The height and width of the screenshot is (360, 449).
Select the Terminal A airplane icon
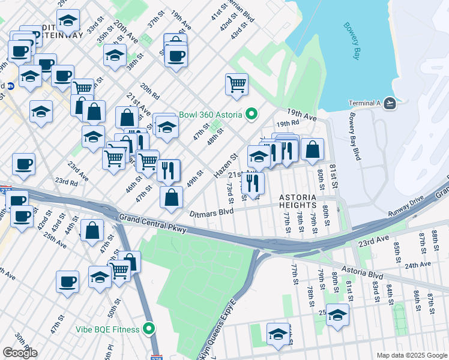[391, 103]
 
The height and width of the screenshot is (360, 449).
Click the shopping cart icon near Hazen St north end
[237, 83]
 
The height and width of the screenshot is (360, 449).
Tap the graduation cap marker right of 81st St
[338, 315]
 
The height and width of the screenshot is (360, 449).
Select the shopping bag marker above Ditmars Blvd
[172, 197]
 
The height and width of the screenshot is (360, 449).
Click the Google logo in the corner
[20, 352]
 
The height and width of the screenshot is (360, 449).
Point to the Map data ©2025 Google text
[411, 355]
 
